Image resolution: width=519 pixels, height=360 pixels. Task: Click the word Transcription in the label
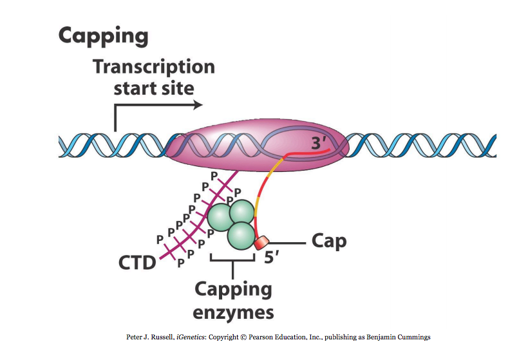[153, 67]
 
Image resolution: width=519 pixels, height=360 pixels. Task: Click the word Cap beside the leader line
[328, 242]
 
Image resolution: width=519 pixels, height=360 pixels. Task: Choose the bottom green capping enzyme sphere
[240, 236]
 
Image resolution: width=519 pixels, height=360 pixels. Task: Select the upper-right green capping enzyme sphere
[243, 213]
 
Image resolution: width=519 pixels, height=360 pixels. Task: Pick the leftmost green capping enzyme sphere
[220, 217]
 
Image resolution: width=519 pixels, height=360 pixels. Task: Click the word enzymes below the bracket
[234, 313]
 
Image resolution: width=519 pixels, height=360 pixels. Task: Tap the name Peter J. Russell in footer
[150, 337]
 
